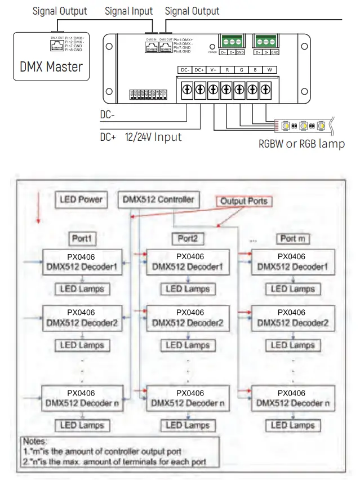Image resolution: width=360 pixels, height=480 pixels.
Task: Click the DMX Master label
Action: click(51, 66)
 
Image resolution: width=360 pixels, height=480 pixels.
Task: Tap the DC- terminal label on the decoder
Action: click(185, 70)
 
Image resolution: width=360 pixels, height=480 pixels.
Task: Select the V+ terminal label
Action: click(213, 70)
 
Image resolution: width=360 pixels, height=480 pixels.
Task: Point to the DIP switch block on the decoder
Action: click(148, 94)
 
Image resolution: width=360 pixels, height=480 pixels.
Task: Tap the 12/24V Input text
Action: click(153, 136)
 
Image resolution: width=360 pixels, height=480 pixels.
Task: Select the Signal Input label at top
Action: click(129, 11)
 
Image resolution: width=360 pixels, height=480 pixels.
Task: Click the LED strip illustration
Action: click(304, 125)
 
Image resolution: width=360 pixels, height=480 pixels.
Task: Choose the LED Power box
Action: click(81, 199)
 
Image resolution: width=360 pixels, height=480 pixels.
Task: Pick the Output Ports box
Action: click(243, 201)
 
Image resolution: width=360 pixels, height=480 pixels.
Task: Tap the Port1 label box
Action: click(82, 238)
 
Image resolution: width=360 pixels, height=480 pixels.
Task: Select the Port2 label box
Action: click(188, 238)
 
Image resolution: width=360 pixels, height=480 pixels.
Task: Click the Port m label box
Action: click(292, 238)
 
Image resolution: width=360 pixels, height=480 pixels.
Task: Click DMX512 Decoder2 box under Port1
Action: click(82, 318)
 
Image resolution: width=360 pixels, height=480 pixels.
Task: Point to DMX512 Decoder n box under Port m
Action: click(292, 398)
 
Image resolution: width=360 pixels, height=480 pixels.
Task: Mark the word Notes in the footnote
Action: click(35, 442)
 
